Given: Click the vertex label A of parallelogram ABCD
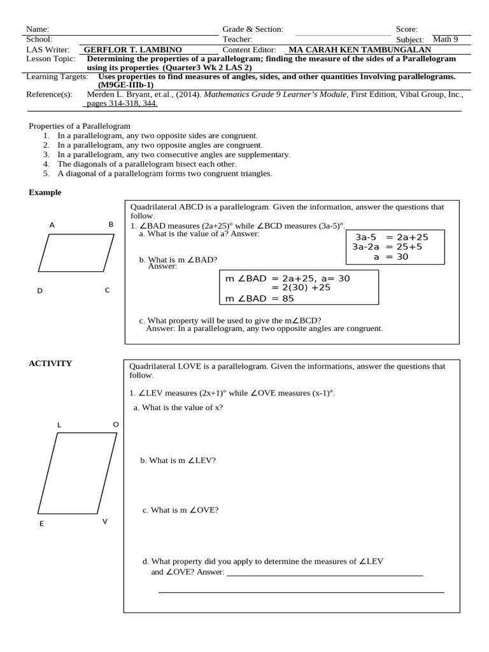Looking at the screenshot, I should click(x=52, y=225).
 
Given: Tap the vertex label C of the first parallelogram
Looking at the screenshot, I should click(x=107, y=290).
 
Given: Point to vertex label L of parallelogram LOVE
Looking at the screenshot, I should click(x=59, y=425).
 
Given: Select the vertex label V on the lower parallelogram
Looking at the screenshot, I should click(x=105, y=521).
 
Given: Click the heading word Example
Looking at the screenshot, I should click(x=45, y=192).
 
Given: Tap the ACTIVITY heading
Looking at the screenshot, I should click(x=50, y=364).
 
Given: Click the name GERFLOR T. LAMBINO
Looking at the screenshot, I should click(x=133, y=50).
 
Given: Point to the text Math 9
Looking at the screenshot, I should click(x=445, y=39).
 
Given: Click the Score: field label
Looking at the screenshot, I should click(x=407, y=29).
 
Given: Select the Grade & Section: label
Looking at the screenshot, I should click(x=253, y=29).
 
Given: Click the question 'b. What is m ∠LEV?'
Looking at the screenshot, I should click(x=178, y=460).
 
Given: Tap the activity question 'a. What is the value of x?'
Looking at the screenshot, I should click(x=178, y=407).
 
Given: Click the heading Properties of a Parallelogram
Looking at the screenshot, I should click(x=80, y=126).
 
